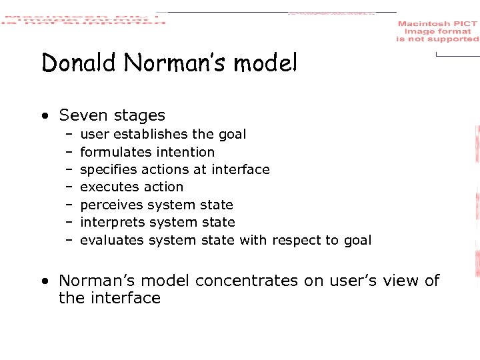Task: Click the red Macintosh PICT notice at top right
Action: (437, 31)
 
